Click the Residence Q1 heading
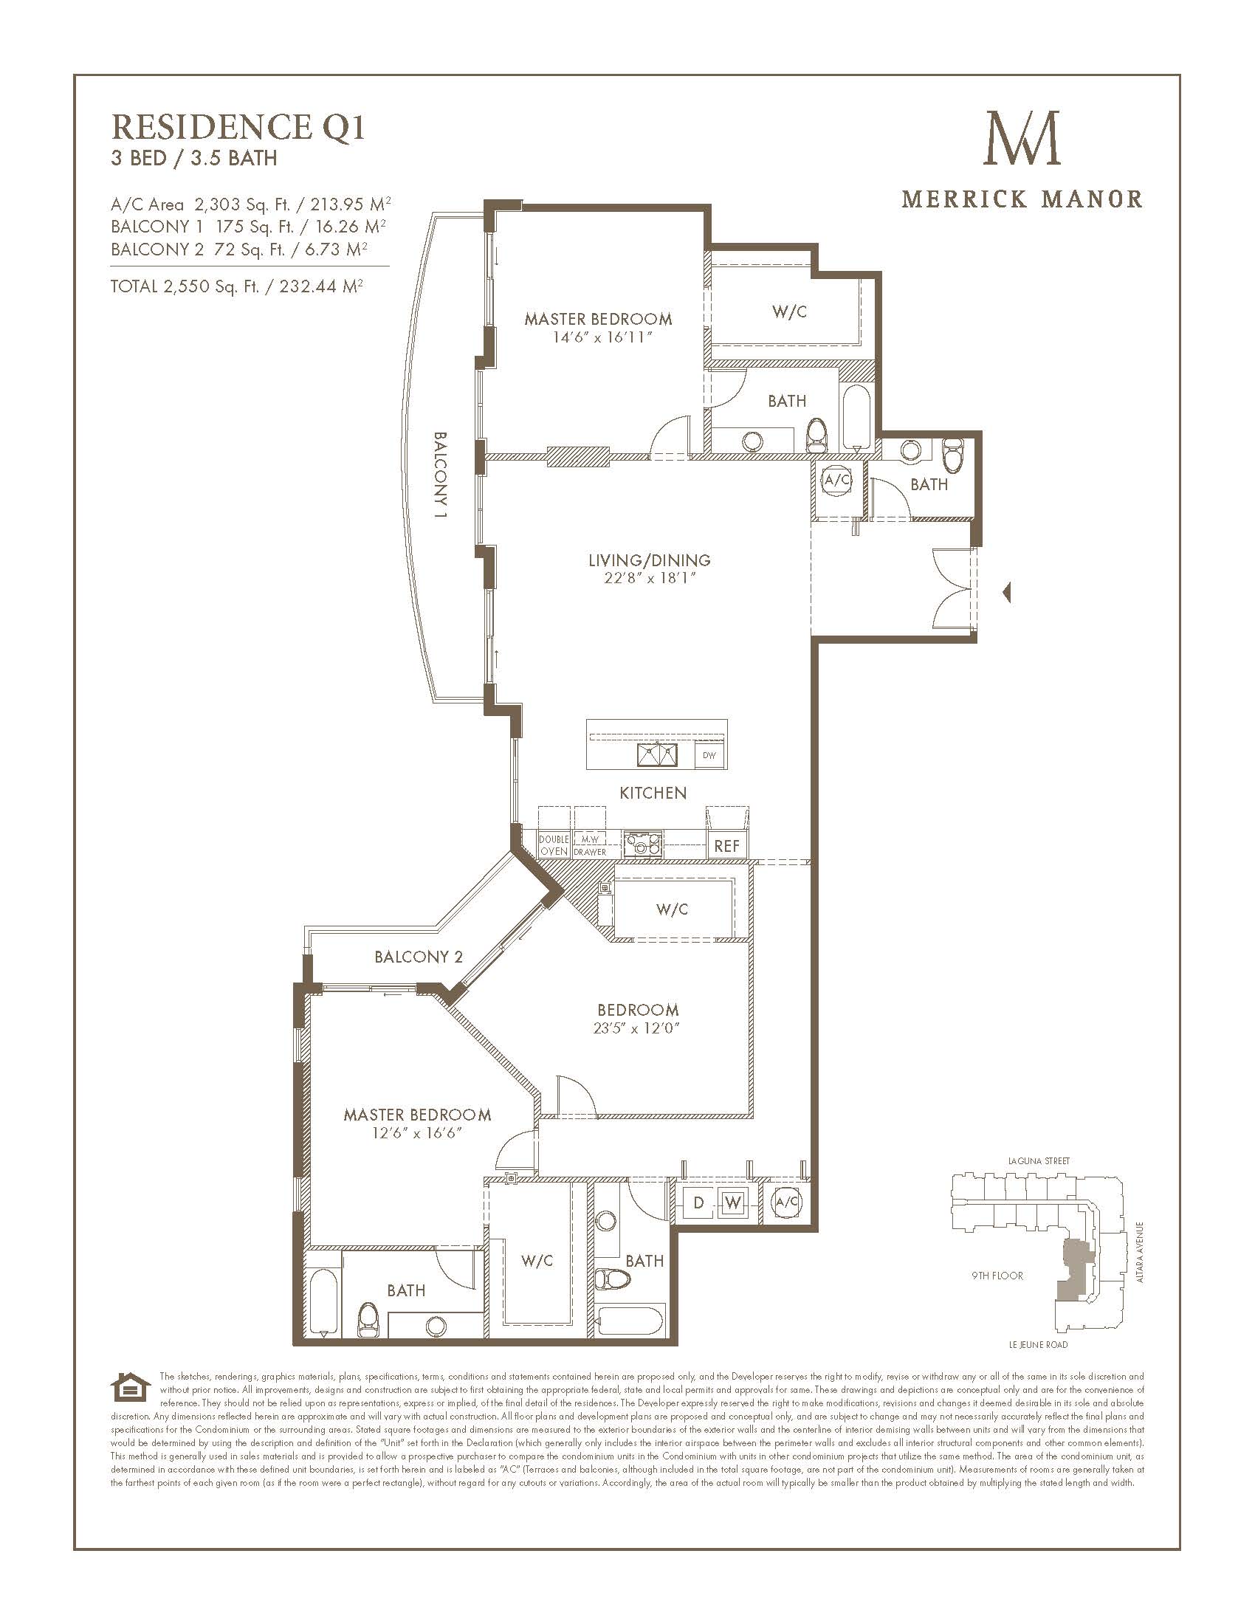(x=238, y=127)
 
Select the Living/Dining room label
(x=649, y=560)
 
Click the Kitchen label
(x=653, y=793)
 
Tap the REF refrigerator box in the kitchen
(x=726, y=845)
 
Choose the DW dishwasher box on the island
(x=709, y=755)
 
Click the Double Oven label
(x=554, y=845)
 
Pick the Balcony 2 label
(x=419, y=956)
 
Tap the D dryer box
(x=698, y=1202)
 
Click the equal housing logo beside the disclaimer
(x=125, y=1387)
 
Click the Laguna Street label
(x=1039, y=1160)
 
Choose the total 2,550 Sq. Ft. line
(x=236, y=286)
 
